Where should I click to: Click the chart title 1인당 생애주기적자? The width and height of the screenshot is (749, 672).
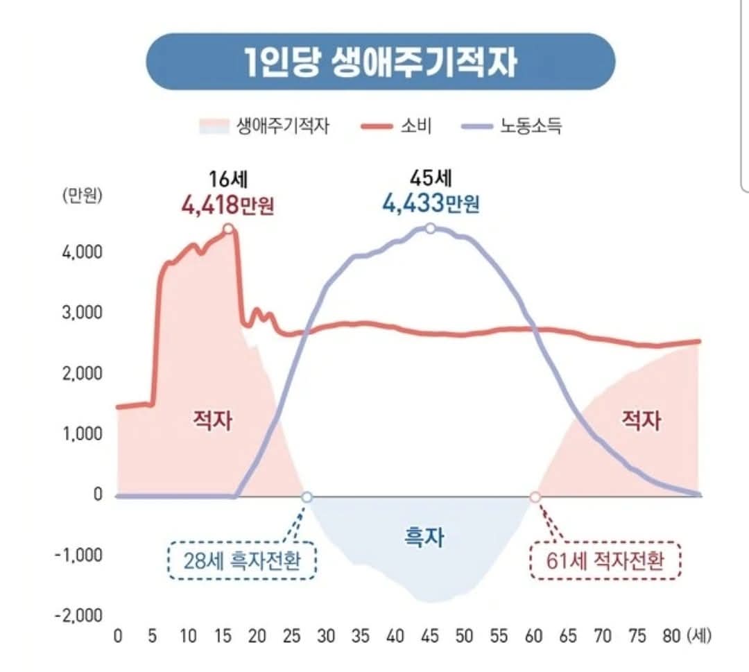381,62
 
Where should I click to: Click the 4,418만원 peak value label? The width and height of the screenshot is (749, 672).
227,205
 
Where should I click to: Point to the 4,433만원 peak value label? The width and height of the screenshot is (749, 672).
430,205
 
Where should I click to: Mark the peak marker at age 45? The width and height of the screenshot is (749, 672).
430,229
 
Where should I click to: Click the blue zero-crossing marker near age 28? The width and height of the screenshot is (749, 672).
307,497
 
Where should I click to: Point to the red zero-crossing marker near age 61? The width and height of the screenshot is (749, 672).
535,497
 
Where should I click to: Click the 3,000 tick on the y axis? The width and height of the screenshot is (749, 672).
87,312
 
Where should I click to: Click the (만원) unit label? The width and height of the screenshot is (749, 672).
82,196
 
